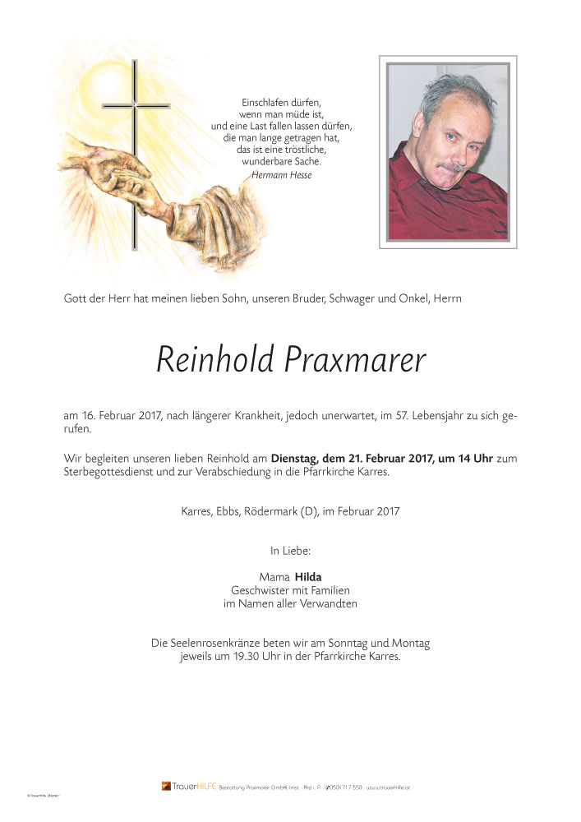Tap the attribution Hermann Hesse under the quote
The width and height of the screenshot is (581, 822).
point(282,174)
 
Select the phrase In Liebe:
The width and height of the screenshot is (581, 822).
point(290,549)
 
